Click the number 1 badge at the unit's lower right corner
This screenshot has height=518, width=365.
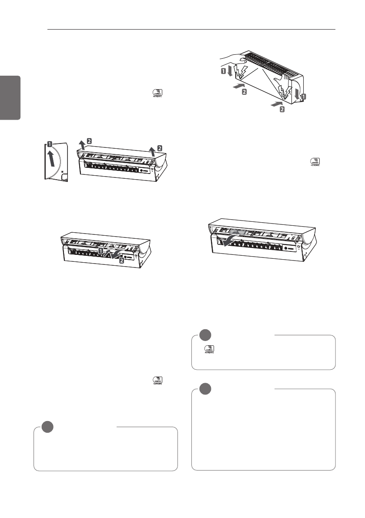pos(303,98)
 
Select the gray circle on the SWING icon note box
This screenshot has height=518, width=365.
pos(205,335)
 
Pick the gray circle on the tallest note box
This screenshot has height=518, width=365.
pos(205,389)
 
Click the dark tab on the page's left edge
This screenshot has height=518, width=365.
pos(10,98)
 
